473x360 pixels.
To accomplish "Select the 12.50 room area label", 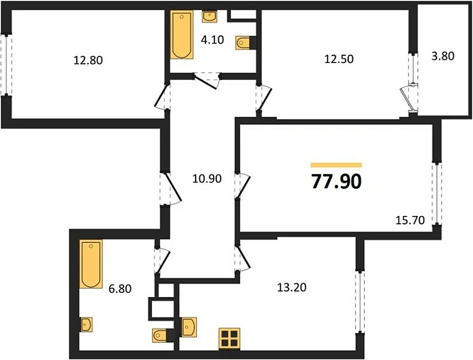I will coord(339,59).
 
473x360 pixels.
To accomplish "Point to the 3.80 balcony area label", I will coord(442,56).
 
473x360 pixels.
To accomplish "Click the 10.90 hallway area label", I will coord(207,179).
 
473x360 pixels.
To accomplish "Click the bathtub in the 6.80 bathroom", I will coord(91,264).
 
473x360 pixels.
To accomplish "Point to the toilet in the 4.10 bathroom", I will coord(245,42).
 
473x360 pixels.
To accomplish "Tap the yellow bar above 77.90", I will coord(336,165).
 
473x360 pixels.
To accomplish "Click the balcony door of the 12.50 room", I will coord(408,96).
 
